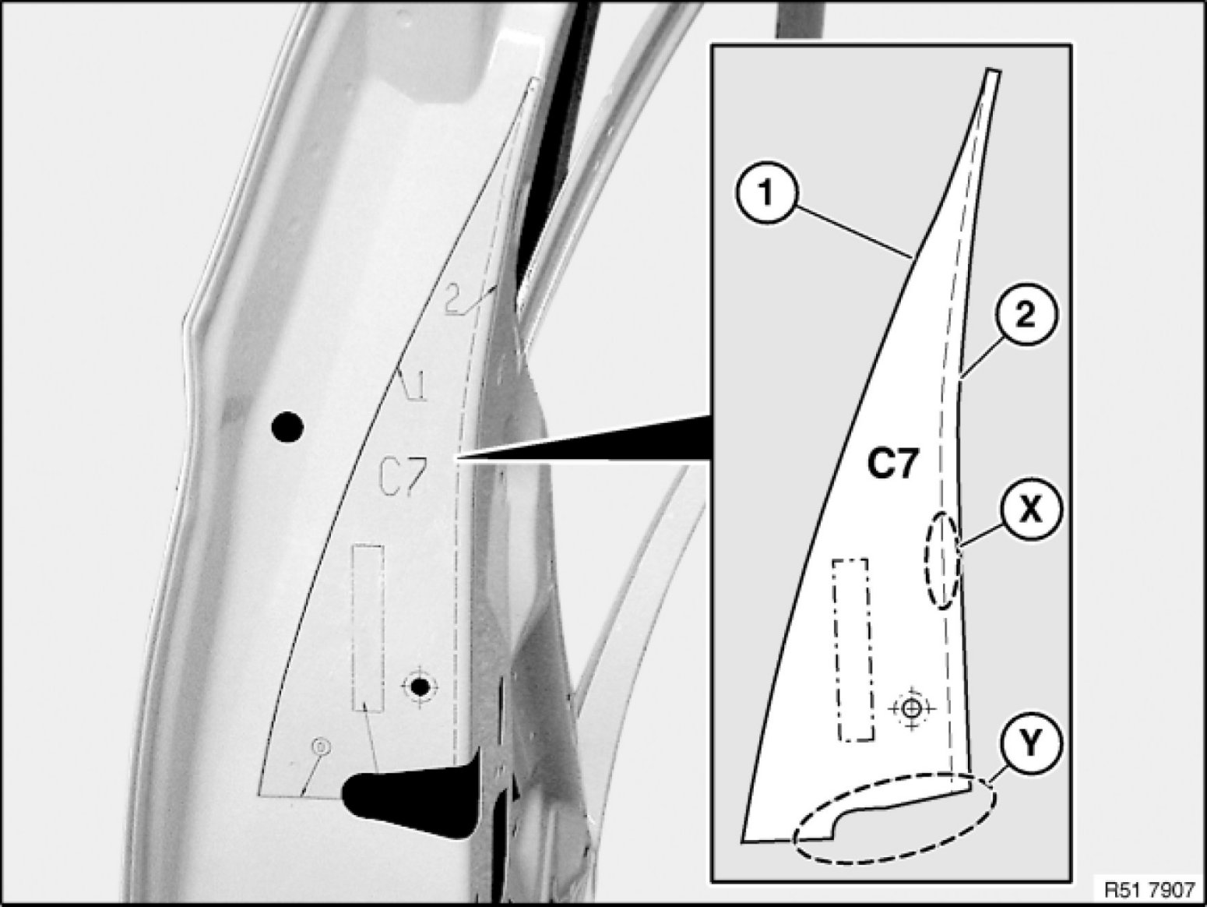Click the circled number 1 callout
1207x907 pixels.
(x=767, y=193)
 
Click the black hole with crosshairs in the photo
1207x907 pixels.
(x=421, y=686)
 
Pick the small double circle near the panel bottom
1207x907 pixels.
(x=321, y=746)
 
